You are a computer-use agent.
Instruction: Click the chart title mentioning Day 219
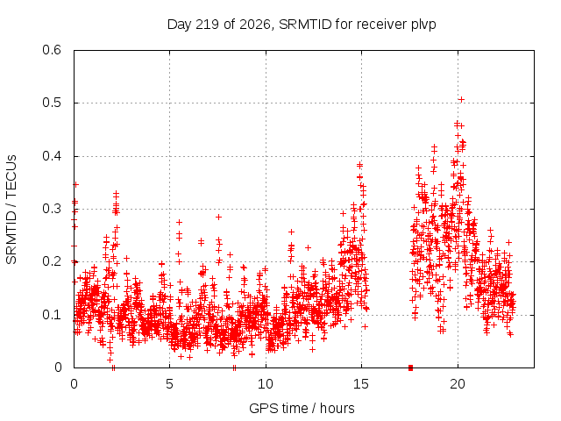[302, 25]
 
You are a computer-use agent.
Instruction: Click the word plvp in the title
[423, 25]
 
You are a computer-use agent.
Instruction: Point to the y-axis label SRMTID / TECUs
[11, 210]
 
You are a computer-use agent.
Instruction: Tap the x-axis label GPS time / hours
[302, 408]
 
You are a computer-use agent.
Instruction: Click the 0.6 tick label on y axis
[52, 50]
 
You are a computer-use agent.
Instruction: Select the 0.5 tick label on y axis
[52, 103]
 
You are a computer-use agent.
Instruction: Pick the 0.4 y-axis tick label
[52, 156]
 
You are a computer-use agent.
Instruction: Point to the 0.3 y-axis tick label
[52, 209]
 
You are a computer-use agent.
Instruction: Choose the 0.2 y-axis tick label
[52, 261]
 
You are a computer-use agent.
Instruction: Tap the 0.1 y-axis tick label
[52, 315]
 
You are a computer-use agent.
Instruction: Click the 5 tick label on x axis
[169, 384]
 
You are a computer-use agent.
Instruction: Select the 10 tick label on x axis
[266, 384]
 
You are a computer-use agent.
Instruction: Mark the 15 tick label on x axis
[361, 384]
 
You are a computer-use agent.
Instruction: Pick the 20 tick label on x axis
[458, 384]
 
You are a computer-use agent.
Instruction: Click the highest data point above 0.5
[462, 99]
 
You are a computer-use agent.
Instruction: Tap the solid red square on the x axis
[411, 367]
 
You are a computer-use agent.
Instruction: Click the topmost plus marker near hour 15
[359, 165]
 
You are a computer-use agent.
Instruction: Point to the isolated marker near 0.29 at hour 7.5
[218, 217]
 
